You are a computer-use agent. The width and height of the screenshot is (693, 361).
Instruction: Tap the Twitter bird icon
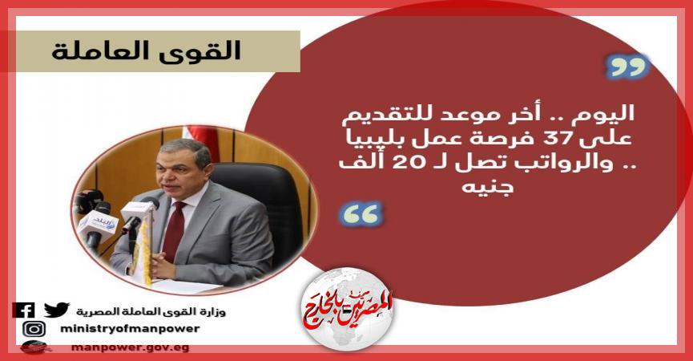[56, 310]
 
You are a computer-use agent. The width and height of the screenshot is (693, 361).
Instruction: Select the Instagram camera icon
[34, 329]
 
